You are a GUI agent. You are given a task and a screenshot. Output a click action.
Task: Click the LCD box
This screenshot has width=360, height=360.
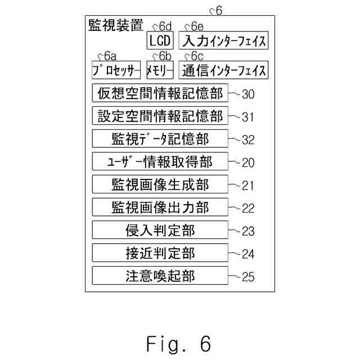click(160, 40)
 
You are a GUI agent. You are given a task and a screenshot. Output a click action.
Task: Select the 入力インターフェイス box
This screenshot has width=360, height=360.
click(223, 40)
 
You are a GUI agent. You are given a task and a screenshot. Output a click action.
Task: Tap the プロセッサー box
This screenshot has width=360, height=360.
click(116, 70)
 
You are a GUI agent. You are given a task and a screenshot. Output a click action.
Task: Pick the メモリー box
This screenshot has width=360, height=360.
click(160, 70)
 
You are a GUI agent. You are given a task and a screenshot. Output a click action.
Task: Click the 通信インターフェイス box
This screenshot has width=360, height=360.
click(223, 70)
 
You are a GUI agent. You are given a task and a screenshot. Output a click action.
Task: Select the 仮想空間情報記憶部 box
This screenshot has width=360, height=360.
click(160, 93)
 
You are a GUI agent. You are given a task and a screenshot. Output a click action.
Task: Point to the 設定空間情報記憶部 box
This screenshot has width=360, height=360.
click(160, 116)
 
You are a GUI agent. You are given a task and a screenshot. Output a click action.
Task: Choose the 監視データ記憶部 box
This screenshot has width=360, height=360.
click(160, 138)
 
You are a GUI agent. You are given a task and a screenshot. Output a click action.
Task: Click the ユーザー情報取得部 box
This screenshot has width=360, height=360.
click(160, 162)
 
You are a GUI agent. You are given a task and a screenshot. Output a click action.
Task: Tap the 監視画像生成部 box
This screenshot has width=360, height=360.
click(160, 184)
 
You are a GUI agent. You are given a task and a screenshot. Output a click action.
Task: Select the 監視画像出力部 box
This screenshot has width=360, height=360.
click(160, 208)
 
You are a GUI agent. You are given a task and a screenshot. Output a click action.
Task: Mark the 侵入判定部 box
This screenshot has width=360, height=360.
click(160, 230)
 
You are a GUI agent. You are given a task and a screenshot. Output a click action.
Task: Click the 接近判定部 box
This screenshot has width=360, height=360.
click(160, 253)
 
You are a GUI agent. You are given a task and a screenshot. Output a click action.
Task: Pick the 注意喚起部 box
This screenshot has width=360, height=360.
click(160, 276)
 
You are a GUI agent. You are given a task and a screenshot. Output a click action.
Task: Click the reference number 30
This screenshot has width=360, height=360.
click(248, 94)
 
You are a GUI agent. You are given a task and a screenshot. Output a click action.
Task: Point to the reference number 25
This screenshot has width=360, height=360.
click(248, 277)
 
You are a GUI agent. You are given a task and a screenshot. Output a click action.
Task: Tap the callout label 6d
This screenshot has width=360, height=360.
click(165, 26)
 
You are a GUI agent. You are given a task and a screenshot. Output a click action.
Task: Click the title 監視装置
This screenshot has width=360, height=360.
click(115, 26)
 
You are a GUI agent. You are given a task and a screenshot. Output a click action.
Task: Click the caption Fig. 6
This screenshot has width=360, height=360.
click(179, 343)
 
